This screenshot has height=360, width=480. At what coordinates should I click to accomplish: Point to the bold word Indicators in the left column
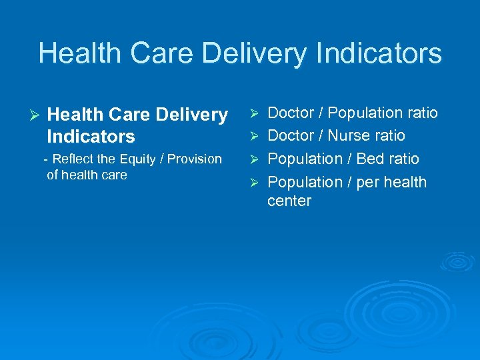click(x=91, y=137)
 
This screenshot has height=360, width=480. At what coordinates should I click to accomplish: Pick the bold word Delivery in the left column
click(x=191, y=115)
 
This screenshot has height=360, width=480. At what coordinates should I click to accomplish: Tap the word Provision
click(x=195, y=159)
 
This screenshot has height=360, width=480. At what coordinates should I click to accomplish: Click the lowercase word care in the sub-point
click(x=114, y=175)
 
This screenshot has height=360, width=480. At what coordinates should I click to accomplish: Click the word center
click(x=289, y=201)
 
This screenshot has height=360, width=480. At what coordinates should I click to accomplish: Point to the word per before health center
click(x=368, y=182)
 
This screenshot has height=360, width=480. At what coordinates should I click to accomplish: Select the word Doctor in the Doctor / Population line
click(x=291, y=113)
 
